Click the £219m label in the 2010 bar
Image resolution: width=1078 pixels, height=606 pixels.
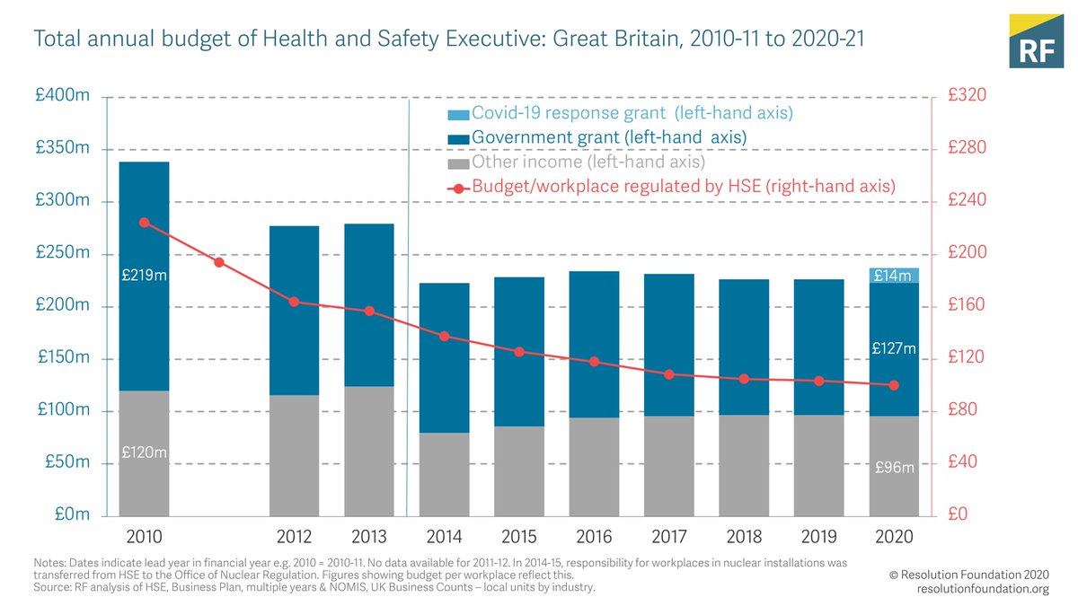[x=144, y=277]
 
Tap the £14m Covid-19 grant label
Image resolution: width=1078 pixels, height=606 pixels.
[x=894, y=276]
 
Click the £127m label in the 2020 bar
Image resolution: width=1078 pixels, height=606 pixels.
[x=894, y=348]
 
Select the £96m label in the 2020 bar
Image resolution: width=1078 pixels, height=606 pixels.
[x=894, y=468]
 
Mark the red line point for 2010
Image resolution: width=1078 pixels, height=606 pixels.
[x=144, y=222]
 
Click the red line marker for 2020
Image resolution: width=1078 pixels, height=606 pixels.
[x=894, y=385]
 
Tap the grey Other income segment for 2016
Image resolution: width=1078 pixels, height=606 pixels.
[x=594, y=467]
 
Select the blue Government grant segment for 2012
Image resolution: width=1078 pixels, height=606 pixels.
[x=294, y=310]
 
